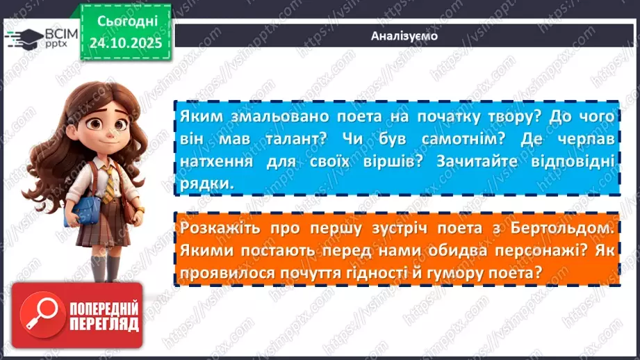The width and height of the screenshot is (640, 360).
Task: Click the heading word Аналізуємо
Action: point(404,35)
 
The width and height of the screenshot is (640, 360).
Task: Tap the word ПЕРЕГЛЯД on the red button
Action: point(104,324)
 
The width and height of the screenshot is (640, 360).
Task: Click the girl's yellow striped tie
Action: point(109,185)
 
